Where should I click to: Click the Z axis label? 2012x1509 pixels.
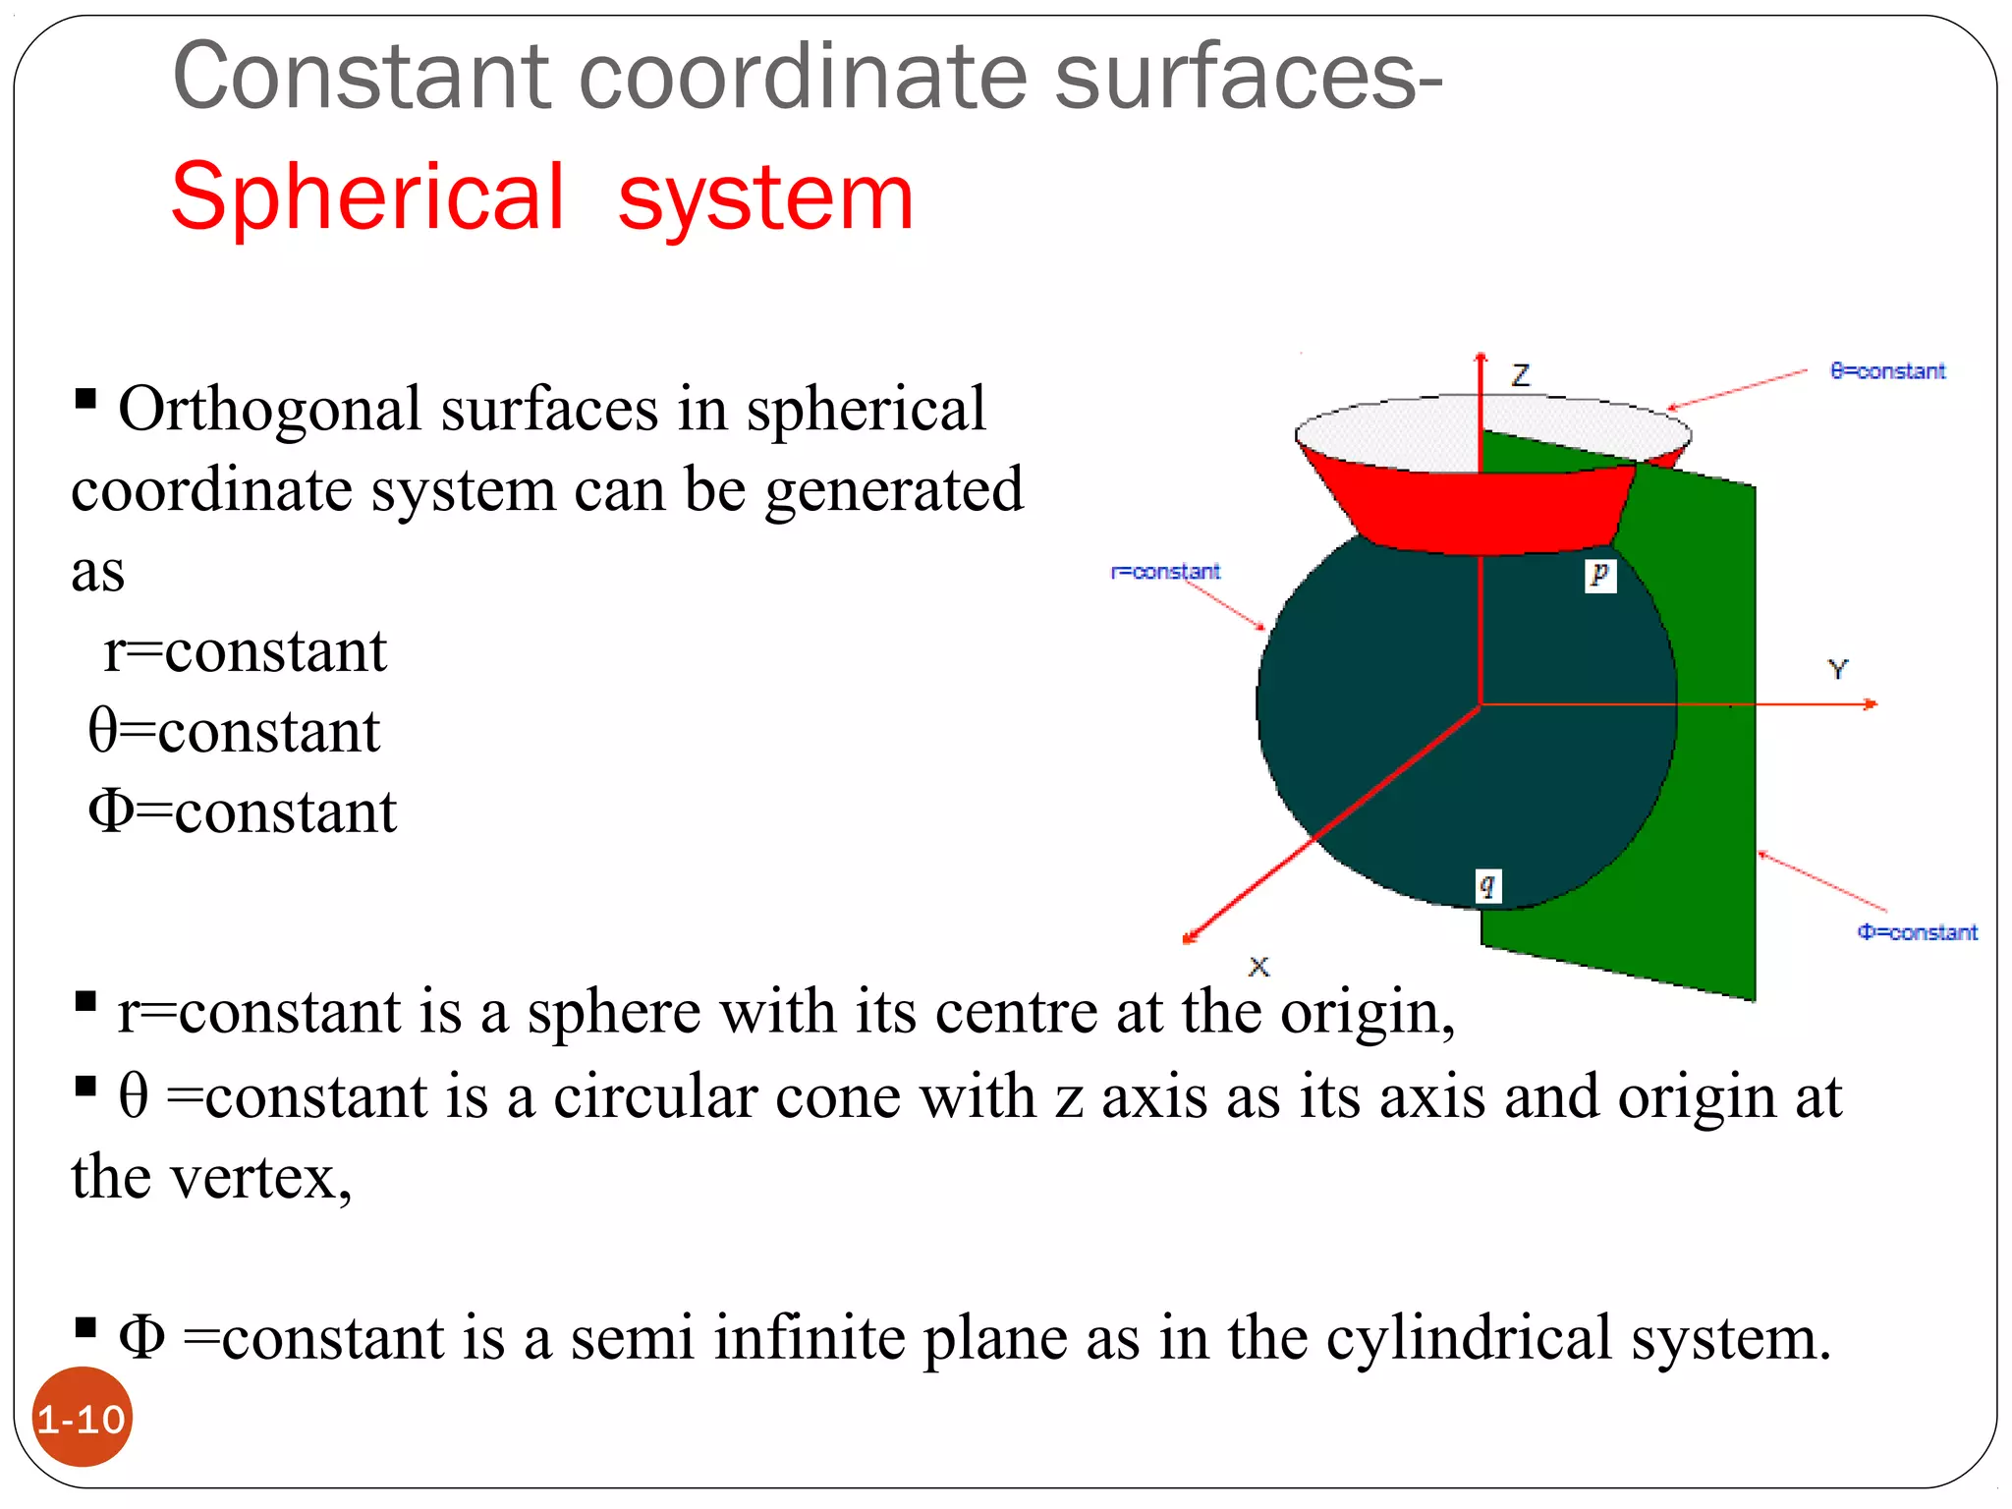click(x=1521, y=374)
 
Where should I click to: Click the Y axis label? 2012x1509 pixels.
click(x=1837, y=670)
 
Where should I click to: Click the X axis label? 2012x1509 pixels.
click(x=1258, y=967)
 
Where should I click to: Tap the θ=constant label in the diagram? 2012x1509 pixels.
click(x=1886, y=371)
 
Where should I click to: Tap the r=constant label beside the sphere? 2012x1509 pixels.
click(x=1165, y=572)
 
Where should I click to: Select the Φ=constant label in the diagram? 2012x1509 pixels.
click(x=1916, y=932)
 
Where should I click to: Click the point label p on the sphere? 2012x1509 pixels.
click(x=1599, y=574)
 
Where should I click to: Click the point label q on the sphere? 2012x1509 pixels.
click(x=1487, y=886)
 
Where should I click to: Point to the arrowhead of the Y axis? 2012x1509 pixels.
click(x=1871, y=704)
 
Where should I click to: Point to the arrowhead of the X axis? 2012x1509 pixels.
click(x=1190, y=938)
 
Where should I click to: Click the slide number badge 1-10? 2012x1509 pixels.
click(x=83, y=1419)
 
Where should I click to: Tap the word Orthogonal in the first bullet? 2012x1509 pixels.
click(x=270, y=409)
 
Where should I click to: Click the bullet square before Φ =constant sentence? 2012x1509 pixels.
click(x=85, y=1328)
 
